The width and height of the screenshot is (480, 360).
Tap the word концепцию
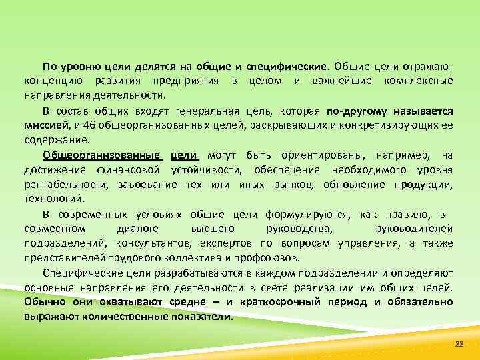pyautogui.click(x=49, y=81)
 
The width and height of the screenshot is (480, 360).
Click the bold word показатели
pyautogui.click(x=200, y=317)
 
